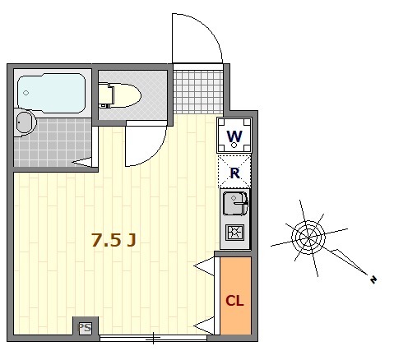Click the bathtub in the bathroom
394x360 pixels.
[x=52, y=93]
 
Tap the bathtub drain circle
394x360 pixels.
[x=25, y=93]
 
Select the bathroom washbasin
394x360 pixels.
[x=25, y=122]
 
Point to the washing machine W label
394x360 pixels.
[x=234, y=136]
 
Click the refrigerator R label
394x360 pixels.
[x=235, y=173]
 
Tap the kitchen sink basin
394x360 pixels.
[x=234, y=203]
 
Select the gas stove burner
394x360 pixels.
[x=235, y=233]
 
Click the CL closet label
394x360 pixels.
[x=234, y=301]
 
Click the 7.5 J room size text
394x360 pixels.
[x=114, y=240]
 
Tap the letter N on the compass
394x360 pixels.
[x=373, y=279]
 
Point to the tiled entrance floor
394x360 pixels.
[x=198, y=92]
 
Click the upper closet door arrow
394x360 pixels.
[x=204, y=266]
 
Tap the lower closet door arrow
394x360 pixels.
[x=204, y=325]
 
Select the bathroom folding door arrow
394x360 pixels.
[x=81, y=162]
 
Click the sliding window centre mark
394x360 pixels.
[x=153, y=338]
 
